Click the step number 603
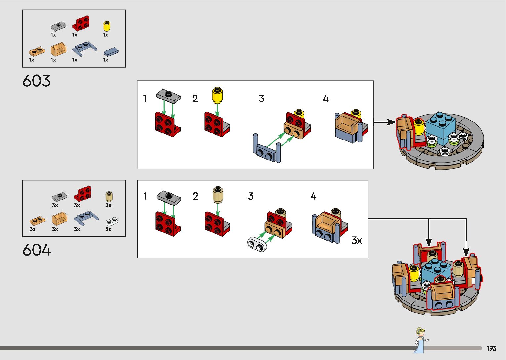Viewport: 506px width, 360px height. coord(36,81)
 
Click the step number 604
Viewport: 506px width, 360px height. coord(37,250)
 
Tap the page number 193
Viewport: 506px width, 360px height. coord(492,348)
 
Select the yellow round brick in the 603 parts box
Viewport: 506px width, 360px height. coord(107,26)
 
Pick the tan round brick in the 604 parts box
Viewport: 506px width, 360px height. coord(109,196)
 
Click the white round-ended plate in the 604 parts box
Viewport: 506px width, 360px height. coord(112,221)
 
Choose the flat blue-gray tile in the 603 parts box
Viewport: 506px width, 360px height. coord(111,52)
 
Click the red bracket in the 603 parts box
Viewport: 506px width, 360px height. coord(81,23)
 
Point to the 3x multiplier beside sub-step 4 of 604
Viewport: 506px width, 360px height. coord(357,240)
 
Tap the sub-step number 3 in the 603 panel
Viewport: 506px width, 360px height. coord(261,99)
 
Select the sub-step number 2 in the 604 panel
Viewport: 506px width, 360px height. coord(195,196)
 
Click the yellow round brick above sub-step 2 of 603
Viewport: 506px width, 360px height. coord(217,95)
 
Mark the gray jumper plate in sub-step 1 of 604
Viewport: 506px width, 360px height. coord(169,198)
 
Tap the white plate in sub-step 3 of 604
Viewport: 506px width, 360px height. coord(257,244)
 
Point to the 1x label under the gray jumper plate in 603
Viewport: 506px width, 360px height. coord(53,35)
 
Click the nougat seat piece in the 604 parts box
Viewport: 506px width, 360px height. coord(59,218)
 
